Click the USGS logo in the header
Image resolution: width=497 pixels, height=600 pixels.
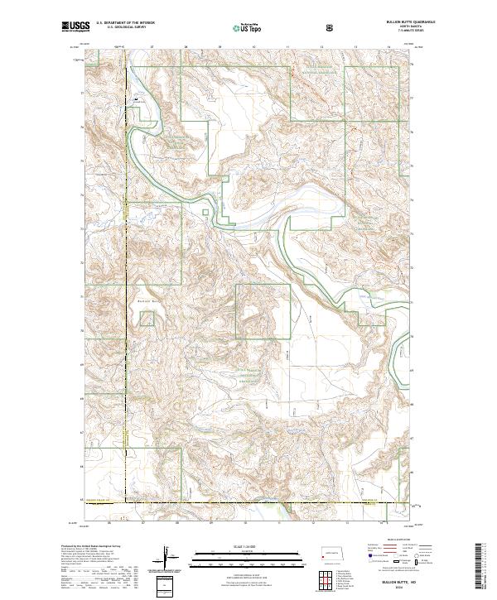[76, 27]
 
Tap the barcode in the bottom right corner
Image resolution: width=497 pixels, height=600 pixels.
[484, 564]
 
